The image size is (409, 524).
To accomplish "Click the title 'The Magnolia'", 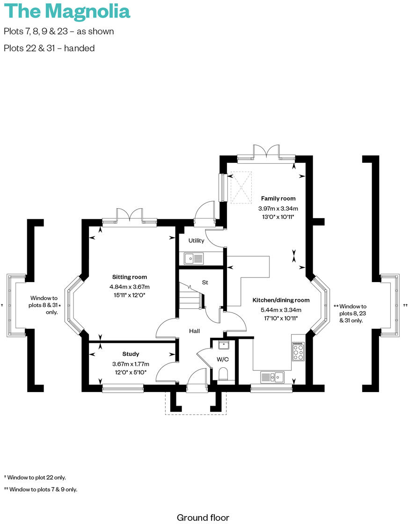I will (67, 11).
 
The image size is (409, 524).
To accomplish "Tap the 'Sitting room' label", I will (129, 277).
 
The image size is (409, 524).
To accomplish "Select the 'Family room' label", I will (278, 198).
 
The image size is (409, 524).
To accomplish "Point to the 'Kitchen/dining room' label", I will (281, 300).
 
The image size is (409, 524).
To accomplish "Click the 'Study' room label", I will (131, 354).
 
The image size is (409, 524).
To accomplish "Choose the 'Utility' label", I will (196, 240).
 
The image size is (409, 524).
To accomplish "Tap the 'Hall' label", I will (194, 331).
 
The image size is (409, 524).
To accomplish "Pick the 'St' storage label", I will (205, 283).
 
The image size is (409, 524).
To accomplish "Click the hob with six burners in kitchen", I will (298, 351).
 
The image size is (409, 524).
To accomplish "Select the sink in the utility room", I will (195, 258).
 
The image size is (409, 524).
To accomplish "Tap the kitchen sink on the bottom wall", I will (272, 377).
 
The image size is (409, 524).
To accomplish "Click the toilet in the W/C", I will (223, 374).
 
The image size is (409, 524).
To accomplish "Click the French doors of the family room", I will (266, 152).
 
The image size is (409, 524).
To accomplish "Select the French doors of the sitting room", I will (130, 215).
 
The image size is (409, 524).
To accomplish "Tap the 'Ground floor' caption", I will (203, 517).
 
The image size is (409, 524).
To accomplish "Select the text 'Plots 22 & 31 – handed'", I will (49, 48).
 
